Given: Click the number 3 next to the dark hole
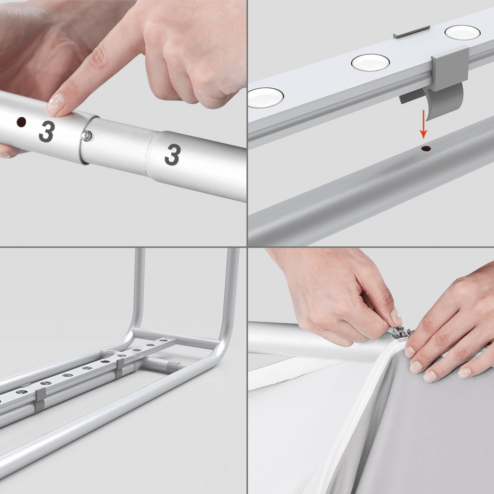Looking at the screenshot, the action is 47,131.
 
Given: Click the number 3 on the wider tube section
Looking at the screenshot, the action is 173,154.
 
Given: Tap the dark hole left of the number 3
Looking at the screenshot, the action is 21,122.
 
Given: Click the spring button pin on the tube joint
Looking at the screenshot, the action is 86,135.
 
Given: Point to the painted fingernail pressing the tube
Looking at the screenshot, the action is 55,104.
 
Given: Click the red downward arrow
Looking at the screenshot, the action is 424,124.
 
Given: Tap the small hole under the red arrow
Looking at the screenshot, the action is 426,148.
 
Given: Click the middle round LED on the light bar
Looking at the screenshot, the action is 370,62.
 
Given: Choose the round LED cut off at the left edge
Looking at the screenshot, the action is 266,97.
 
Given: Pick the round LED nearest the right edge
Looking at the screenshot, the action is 462,33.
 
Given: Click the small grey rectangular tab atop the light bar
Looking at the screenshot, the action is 412,31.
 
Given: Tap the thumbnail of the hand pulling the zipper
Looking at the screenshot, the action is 396,317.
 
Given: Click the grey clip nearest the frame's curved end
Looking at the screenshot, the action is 120,367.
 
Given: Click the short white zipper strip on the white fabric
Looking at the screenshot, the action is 296,372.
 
